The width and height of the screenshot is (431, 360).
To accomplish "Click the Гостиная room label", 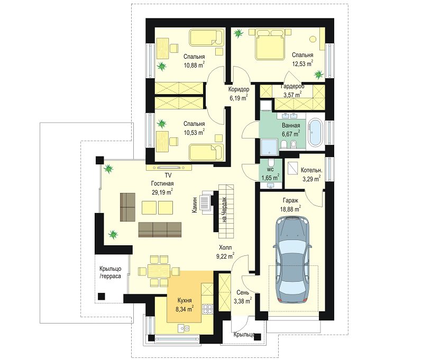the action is coord(162,183).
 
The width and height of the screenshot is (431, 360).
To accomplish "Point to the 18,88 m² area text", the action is coord(290,209).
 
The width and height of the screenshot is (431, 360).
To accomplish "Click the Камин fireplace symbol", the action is coord(206,202).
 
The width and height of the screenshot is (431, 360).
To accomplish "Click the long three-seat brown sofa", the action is coord(160,229).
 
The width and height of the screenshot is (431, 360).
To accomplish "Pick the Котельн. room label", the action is coord(311,170).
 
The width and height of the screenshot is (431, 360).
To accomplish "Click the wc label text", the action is coord(270,170).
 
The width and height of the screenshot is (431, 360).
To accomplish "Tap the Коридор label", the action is coord(239,89).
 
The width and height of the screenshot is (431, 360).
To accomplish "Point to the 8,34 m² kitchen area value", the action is coord(185,309).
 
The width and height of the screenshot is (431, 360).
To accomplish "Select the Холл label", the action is coord(225,247).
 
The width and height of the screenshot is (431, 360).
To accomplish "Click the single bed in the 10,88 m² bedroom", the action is coord(206,38).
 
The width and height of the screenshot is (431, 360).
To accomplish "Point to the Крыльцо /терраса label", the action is coord(110,272).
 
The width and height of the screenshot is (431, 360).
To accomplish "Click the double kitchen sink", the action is coord(184,328).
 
